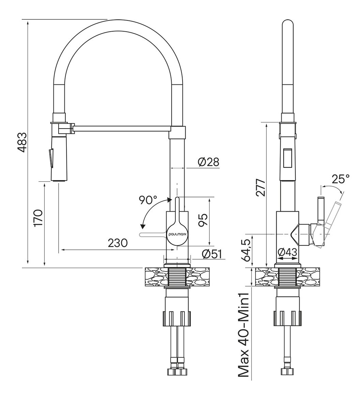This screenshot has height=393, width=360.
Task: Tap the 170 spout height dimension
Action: tap(38, 218)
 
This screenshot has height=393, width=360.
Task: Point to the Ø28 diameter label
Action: tap(208, 162)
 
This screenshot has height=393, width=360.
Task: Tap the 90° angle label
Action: tap(148, 200)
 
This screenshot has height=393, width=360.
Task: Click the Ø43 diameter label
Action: tap(287, 252)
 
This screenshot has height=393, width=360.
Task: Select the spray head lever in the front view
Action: tap(51, 158)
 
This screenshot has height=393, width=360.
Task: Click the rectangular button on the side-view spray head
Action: tap(286, 158)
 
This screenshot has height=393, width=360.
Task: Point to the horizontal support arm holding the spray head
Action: tap(121, 129)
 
